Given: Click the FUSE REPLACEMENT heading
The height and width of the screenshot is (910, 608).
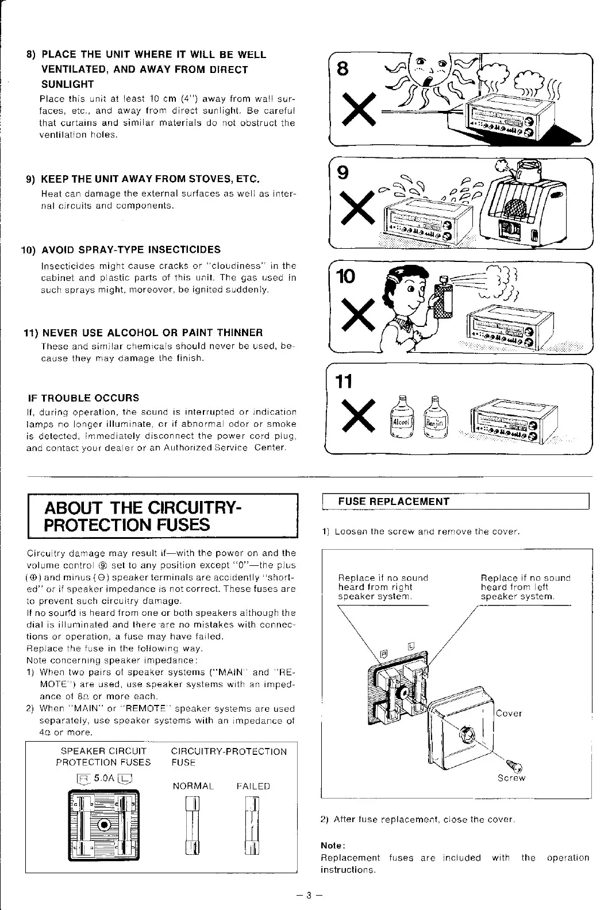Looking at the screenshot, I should click(x=394, y=502).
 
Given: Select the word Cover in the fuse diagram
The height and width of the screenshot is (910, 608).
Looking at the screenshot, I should click(x=509, y=714).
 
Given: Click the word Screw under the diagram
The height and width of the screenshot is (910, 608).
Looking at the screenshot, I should click(x=511, y=778).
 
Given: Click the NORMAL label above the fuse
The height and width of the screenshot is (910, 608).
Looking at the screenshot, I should click(x=193, y=786).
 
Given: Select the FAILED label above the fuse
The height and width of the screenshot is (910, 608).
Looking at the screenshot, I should click(x=253, y=786).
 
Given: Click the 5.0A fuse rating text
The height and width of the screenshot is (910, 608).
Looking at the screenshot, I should click(x=105, y=778).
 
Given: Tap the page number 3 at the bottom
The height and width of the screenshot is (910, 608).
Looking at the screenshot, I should click(x=308, y=895).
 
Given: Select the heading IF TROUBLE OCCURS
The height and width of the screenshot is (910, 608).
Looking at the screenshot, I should click(x=83, y=398).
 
